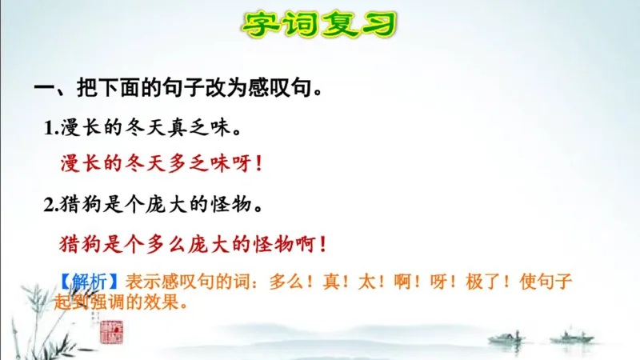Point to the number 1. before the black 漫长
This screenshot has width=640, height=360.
point(51,128)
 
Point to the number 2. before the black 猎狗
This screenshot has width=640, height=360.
point(51,205)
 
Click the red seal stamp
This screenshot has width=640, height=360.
point(109,330)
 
